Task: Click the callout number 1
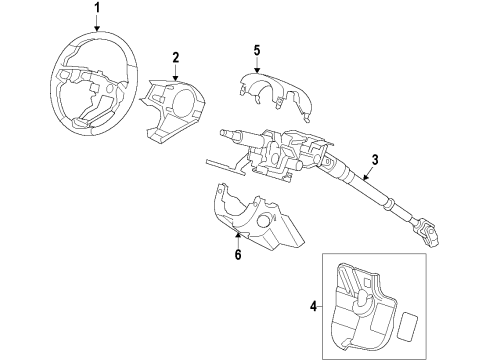[x=97, y=8]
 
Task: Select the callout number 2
[x=176, y=57]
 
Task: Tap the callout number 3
[x=375, y=160]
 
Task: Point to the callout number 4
[x=313, y=306]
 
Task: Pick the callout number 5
[x=257, y=50]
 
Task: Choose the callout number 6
[x=238, y=254]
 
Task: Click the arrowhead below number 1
[x=97, y=29]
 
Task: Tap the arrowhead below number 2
[x=176, y=78]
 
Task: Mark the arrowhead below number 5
[x=257, y=70]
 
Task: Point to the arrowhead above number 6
[x=238, y=236]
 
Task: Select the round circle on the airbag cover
[x=182, y=100]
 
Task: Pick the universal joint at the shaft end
[x=425, y=232]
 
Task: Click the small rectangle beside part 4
[x=409, y=326]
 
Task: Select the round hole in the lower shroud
[x=265, y=221]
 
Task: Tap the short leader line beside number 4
[x=320, y=306]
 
